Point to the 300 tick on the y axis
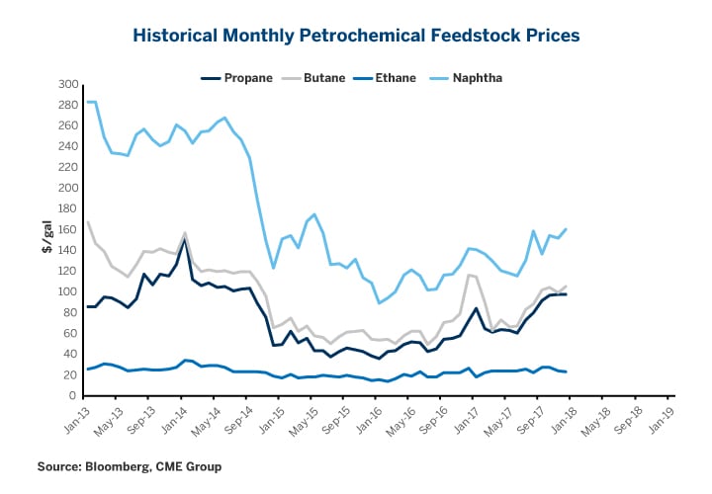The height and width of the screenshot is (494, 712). [x=68, y=84]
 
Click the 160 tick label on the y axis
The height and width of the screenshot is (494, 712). [x=68, y=229]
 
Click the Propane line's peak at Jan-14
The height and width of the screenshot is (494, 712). [x=185, y=240]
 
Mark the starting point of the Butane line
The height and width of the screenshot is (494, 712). [x=87, y=221]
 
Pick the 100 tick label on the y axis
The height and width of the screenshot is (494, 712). [x=68, y=291]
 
